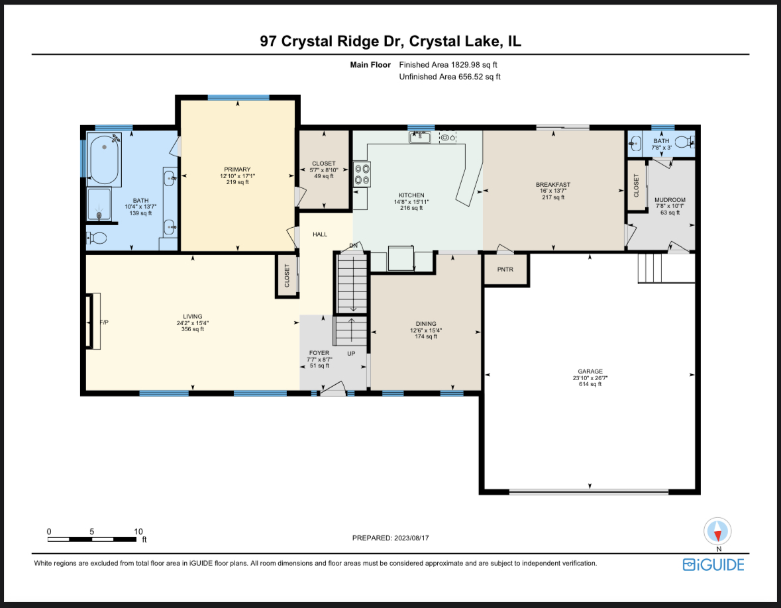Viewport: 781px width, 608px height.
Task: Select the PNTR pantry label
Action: pyautogui.click(x=505, y=270)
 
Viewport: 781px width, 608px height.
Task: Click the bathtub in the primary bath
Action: pyautogui.click(x=104, y=160)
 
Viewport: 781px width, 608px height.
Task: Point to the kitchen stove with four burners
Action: pyautogui.click(x=362, y=174)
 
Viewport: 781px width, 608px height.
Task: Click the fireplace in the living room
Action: pyautogui.click(x=89, y=321)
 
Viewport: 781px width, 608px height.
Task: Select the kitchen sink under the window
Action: pyautogui.click(x=420, y=138)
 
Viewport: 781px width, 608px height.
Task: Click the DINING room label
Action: pyautogui.click(x=426, y=324)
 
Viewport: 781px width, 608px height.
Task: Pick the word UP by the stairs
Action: pyautogui.click(x=351, y=354)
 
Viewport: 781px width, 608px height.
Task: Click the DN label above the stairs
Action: pyautogui.click(x=354, y=246)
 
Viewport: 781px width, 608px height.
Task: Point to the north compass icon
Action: pyautogui.click(x=718, y=531)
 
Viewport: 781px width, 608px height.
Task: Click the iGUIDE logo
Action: pyautogui.click(x=713, y=565)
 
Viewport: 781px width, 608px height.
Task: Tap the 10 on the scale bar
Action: pyautogui.click(x=138, y=532)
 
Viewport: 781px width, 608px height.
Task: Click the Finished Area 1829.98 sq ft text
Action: pyautogui.click(x=448, y=65)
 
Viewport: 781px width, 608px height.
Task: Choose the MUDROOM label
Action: pyautogui.click(x=670, y=200)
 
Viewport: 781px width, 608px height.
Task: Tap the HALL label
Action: pyautogui.click(x=320, y=234)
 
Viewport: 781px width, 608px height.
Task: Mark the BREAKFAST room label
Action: pyautogui.click(x=553, y=185)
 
